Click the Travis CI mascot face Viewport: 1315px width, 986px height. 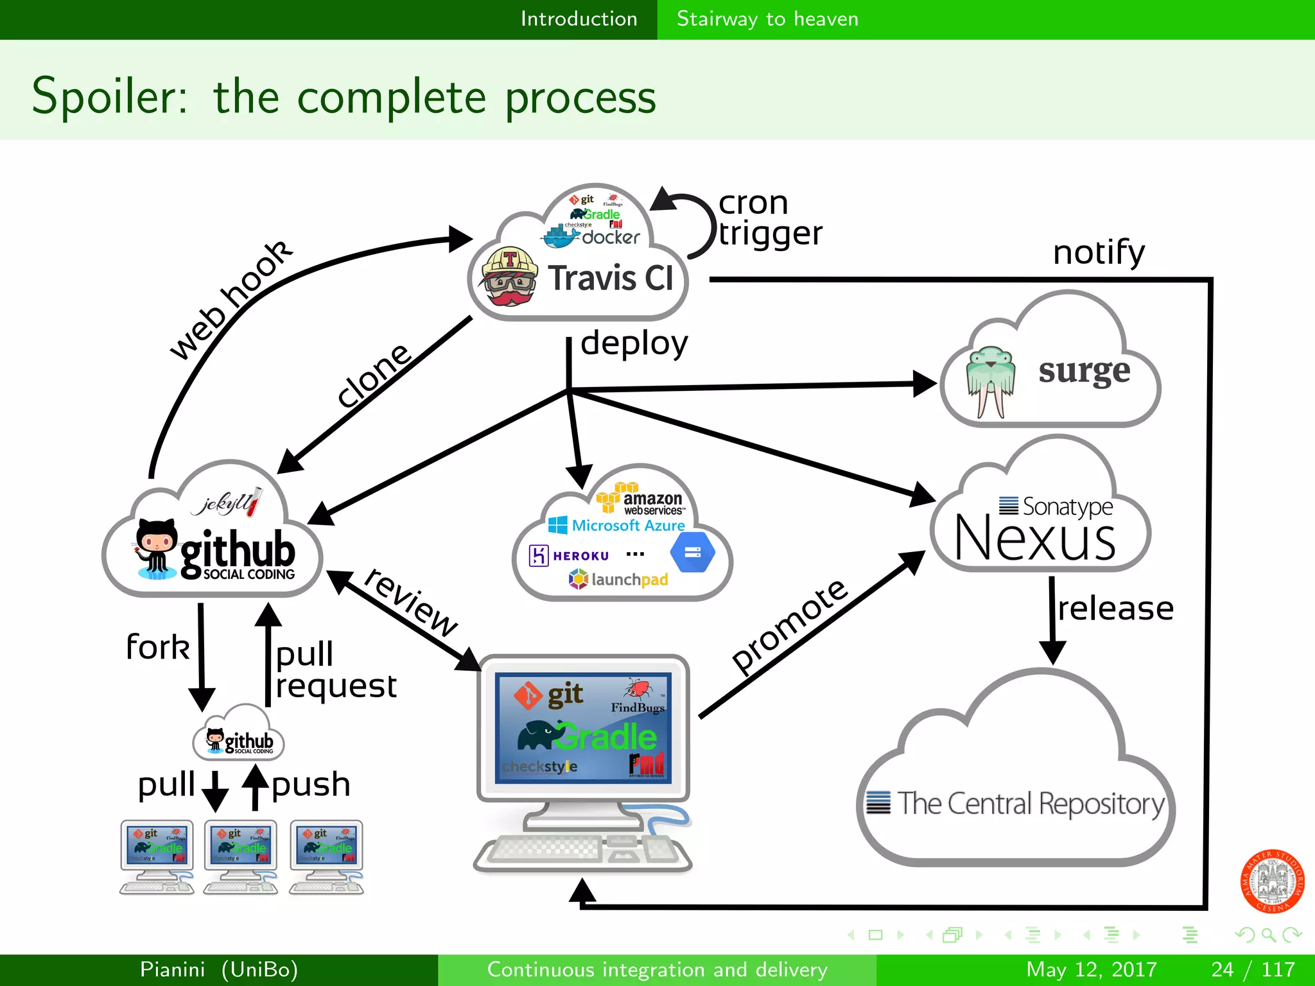510,277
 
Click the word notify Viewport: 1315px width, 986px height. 1099,252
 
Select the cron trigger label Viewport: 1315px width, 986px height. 769,218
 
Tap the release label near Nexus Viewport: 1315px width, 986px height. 1115,609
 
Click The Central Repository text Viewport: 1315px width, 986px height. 1030,804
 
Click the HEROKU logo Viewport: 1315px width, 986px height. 569,555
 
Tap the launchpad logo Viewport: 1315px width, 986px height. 618,580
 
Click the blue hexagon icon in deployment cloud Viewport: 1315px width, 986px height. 692,552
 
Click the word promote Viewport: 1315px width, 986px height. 790,626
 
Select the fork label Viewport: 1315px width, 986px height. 158,647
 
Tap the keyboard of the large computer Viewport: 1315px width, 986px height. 546,851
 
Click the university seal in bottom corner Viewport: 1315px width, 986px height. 1272,881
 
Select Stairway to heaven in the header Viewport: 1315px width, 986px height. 767,19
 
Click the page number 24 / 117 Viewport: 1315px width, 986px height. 1253,969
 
